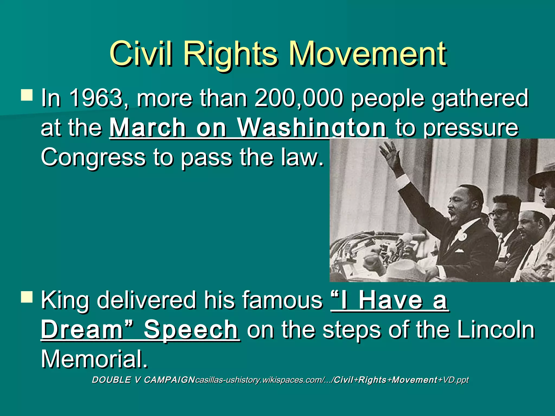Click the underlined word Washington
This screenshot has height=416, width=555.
click(x=312, y=128)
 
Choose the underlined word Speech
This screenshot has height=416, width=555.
click(x=191, y=330)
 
